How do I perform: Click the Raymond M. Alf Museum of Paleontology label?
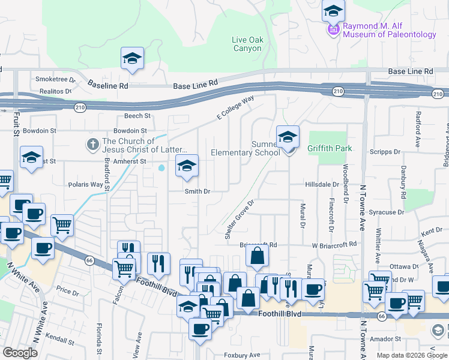(389, 31)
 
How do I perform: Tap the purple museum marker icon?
(333, 29)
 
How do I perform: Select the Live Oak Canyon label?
(247, 44)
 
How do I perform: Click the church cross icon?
(92, 145)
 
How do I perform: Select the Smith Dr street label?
(197, 191)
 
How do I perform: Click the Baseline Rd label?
(107, 86)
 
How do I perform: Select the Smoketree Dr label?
(55, 79)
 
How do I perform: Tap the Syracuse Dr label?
(387, 212)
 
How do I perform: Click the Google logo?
(20, 353)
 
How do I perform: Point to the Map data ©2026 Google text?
(411, 355)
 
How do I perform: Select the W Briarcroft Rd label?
(334, 245)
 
